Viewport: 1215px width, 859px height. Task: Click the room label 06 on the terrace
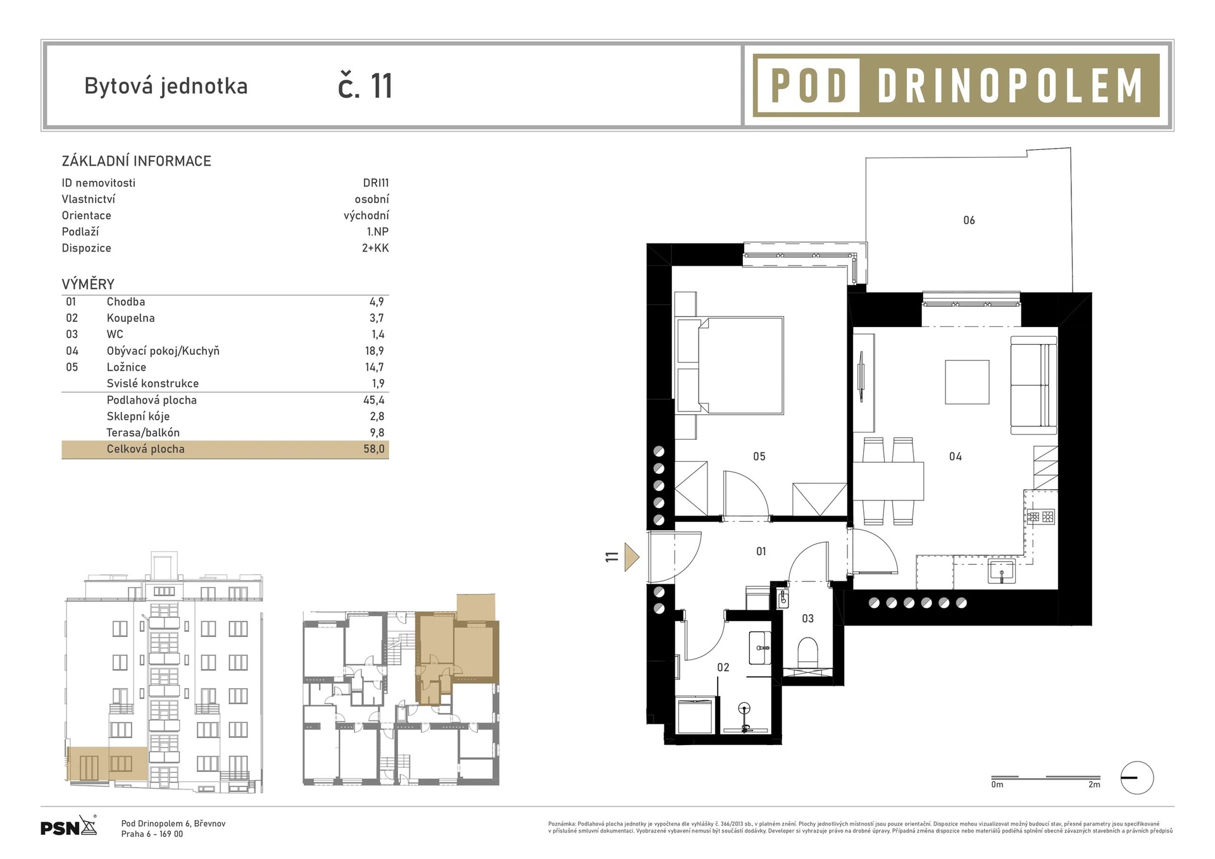(969, 220)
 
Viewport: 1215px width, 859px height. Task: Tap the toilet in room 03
(808, 653)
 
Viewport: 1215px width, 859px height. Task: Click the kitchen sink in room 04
(1002, 571)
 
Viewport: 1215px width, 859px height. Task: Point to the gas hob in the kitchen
(1041, 517)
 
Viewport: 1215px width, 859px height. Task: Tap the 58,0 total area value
(374, 449)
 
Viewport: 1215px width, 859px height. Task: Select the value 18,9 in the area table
(374, 350)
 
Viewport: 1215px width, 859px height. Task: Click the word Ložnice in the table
(127, 367)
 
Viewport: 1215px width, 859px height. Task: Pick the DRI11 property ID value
(376, 183)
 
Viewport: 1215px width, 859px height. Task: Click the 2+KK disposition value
(375, 248)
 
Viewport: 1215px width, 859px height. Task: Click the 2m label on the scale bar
(1094, 785)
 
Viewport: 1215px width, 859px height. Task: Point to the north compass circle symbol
(1137, 778)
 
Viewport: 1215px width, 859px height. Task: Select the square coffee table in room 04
(967, 382)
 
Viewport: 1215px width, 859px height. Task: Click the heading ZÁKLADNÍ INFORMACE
(137, 161)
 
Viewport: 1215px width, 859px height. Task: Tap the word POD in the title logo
(809, 85)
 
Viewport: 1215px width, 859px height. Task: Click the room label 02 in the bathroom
(723, 667)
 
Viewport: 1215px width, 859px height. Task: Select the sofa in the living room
(1033, 385)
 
